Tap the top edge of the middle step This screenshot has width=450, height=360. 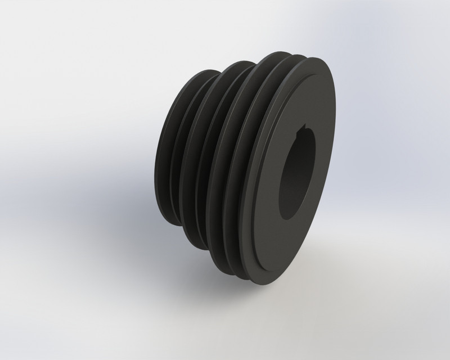point(236,64)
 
